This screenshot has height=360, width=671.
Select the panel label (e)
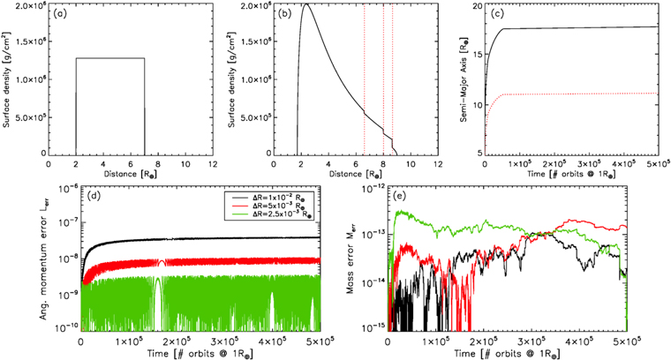pyautogui.click(x=399, y=198)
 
